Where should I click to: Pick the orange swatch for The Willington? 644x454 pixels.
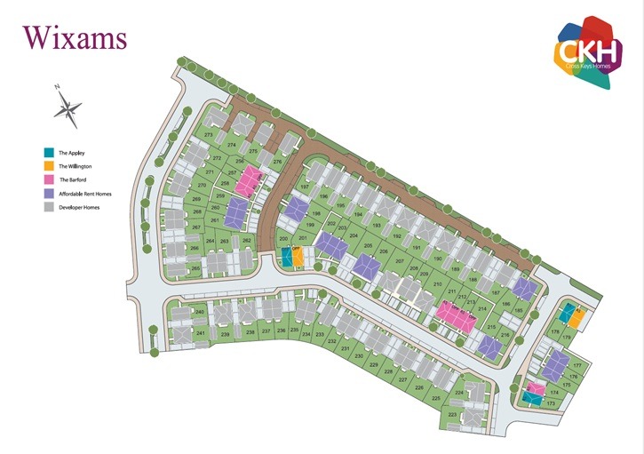(x=49, y=166)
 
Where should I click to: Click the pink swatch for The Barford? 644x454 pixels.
(x=49, y=179)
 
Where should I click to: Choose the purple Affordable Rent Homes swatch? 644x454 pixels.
(x=49, y=193)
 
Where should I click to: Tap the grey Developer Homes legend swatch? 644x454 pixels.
(x=49, y=207)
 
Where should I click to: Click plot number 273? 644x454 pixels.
(x=209, y=134)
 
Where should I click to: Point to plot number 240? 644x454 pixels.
(x=201, y=312)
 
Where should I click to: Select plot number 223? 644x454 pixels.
(x=452, y=414)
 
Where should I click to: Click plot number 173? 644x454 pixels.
(x=551, y=404)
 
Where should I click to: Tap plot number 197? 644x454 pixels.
(x=305, y=188)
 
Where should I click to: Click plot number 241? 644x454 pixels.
(x=201, y=333)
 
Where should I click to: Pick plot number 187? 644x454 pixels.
(x=521, y=292)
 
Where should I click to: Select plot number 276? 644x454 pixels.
(x=277, y=162)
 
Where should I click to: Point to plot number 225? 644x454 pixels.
(x=436, y=398)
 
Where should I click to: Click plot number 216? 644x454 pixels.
(x=505, y=334)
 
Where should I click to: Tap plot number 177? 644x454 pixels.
(x=576, y=366)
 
